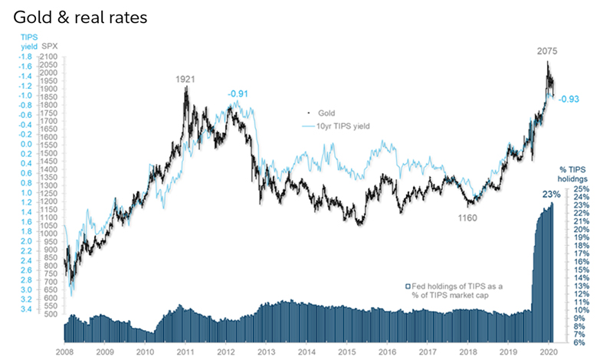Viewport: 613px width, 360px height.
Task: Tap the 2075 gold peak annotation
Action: (x=546, y=52)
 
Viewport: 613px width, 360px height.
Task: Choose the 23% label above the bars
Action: (x=550, y=195)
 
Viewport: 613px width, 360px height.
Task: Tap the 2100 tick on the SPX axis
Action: (x=48, y=57)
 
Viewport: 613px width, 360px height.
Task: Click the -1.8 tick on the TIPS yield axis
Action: (x=25, y=57)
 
